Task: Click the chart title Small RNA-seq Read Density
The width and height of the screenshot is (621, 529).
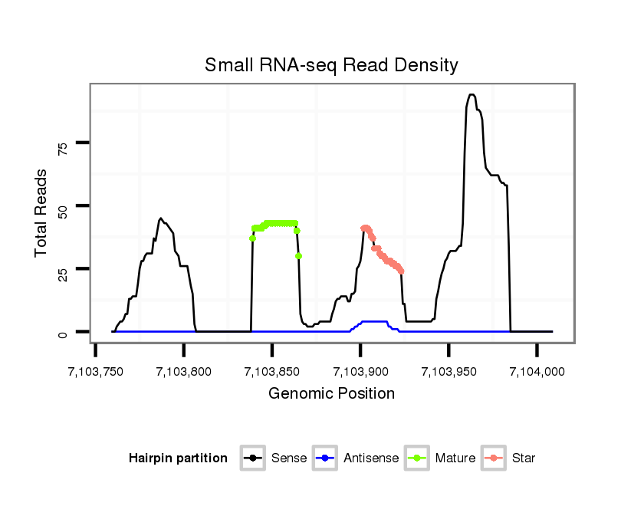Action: tap(331, 65)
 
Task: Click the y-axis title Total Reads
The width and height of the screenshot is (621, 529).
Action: tap(43, 212)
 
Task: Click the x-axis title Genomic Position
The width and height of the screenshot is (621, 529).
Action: tap(331, 394)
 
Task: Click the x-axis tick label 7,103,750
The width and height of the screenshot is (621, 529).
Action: tap(96, 372)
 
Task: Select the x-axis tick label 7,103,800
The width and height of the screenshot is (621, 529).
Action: tap(184, 372)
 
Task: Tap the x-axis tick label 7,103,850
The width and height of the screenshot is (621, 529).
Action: tap(272, 372)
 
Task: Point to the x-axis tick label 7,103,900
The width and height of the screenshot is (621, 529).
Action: tap(360, 372)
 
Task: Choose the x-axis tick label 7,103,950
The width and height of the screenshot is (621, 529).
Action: tap(449, 372)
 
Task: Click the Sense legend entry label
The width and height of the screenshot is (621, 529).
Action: tap(289, 458)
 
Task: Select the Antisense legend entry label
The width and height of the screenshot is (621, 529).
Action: tap(371, 458)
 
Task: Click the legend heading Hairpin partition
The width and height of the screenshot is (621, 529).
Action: tap(178, 458)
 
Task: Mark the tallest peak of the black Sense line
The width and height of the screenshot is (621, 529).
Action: tap(472, 95)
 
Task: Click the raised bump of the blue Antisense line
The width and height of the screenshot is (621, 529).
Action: tap(373, 322)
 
